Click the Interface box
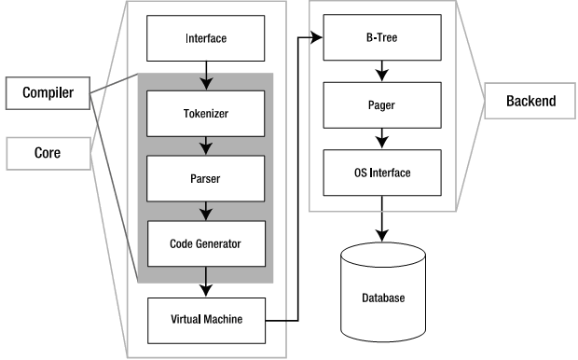pyautogui.click(x=206, y=38)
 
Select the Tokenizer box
pyautogui.click(x=206, y=114)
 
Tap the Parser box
pyautogui.click(x=206, y=178)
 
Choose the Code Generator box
pyautogui.click(x=206, y=243)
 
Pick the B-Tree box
pyautogui.click(x=382, y=37)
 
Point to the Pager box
pyautogui.click(x=382, y=105)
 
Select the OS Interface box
pyautogui.click(x=382, y=173)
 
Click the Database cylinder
pyautogui.click(x=383, y=292)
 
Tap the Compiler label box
pyautogui.click(x=48, y=93)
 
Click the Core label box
pyautogui.click(x=48, y=154)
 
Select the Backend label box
pyautogui.click(x=530, y=101)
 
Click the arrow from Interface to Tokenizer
pyautogui.click(x=206, y=76)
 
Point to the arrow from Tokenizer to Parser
pyautogui.click(x=206, y=146)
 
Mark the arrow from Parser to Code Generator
pyautogui.click(x=206, y=212)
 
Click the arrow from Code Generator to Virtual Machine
pyautogui.click(x=206, y=283)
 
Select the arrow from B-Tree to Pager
pyautogui.click(x=382, y=71)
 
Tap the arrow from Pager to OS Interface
pyautogui.click(x=382, y=139)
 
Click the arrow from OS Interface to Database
pyautogui.click(x=382, y=219)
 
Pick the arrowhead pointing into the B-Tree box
pyautogui.click(x=317, y=37)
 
